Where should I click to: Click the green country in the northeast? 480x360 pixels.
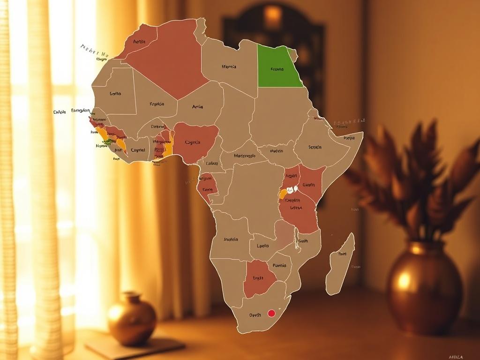(x=278, y=66)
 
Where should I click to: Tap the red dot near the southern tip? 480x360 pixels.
(x=271, y=313)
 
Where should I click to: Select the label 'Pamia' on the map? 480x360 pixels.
(x=279, y=265)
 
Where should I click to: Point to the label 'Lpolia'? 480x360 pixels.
(x=263, y=246)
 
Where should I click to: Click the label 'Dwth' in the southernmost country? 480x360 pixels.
(x=255, y=315)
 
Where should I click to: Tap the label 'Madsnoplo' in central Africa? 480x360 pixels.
(x=244, y=156)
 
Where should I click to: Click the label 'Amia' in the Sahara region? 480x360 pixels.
(x=197, y=107)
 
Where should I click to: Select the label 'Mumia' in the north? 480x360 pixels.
(x=229, y=67)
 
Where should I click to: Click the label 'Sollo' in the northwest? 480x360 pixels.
(x=115, y=94)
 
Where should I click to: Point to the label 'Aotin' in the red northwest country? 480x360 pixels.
(x=139, y=42)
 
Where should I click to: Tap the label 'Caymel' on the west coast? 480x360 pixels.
(x=138, y=150)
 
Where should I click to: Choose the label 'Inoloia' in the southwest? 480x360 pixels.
(x=231, y=240)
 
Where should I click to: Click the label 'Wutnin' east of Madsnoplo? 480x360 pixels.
(x=277, y=151)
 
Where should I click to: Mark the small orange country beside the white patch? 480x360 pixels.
(x=283, y=193)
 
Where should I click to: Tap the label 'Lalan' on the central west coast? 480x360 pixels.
(x=212, y=164)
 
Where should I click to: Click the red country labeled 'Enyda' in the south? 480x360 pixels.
(x=258, y=278)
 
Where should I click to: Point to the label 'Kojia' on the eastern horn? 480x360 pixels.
(x=349, y=138)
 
